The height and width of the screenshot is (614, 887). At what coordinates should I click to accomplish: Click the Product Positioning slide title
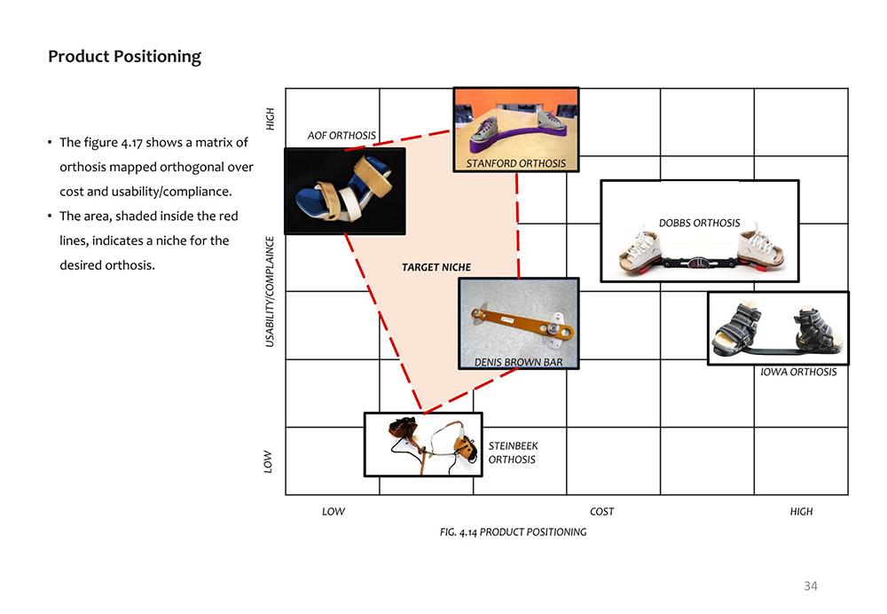pyautogui.click(x=124, y=57)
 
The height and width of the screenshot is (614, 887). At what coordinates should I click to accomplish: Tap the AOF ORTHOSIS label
pyautogui.click(x=341, y=136)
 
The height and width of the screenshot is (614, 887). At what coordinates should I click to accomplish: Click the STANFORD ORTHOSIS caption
pyautogui.click(x=516, y=163)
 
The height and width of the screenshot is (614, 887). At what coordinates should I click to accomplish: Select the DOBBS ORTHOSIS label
pyautogui.click(x=699, y=223)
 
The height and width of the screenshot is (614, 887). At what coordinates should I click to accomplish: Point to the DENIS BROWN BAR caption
pyautogui.click(x=519, y=362)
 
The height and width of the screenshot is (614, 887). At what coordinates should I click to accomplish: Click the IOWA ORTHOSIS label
pyautogui.click(x=798, y=372)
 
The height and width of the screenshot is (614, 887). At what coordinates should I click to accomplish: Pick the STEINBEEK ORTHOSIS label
pyautogui.click(x=513, y=453)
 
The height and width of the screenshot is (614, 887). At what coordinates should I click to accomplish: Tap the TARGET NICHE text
pyautogui.click(x=436, y=267)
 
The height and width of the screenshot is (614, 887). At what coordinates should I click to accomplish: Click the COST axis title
pyautogui.click(x=601, y=512)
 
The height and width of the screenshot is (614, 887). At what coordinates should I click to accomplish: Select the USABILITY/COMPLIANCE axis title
pyautogui.click(x=270, y=291)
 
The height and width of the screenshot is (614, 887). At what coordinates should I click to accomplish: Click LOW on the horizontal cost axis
pyautogui.click(x=334, y=512)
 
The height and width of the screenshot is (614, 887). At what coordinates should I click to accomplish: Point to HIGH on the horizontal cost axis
pyautogui.click(x=801, y=512)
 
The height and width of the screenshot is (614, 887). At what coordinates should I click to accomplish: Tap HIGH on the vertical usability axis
pyautogui.click(x=271, y=119)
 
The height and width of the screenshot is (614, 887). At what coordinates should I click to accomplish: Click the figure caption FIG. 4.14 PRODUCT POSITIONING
pyautogui.click(x=513, y=532)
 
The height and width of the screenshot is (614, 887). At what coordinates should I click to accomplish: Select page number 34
pyautogui.click(x=811, y=586)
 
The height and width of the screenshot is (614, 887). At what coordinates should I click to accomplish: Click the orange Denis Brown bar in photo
pyautogui.click(x=522, y=324)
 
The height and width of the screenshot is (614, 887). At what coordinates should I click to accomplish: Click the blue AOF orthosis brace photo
pyautogui.click(x=344, y=192)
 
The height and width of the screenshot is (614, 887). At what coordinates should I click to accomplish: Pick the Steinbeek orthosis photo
pyautogui.click(x=423, y=445)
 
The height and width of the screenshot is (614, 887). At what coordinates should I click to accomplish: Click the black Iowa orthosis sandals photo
pyautogui.click(x=778, y=328)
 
